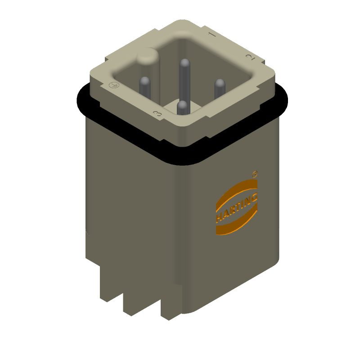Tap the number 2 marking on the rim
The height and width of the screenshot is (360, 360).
pyautogui.click(x=248, y=57)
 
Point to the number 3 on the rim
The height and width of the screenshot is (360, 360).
pyautogui.click(x=157, y=113)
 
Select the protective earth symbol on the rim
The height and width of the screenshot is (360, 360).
pyautogui.click(x=114, y=85)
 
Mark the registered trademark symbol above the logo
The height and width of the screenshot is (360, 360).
pyautogui.click(x=255, y=173)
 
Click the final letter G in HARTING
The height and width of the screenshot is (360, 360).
pyautogui.click(x=255, y=197)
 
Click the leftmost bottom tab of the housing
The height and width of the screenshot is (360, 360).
pyautogui.click(x=111, y=283)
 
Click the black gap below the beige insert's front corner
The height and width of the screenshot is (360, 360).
pyautogui.click(x=182, y=155)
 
